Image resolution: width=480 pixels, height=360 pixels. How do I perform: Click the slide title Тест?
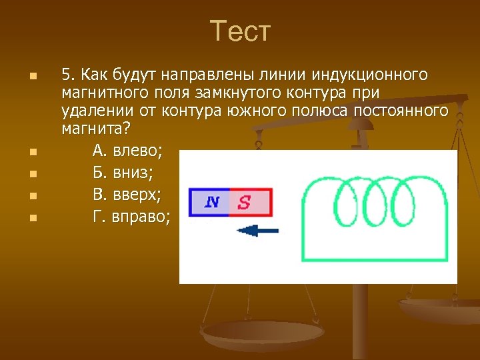(240, 31)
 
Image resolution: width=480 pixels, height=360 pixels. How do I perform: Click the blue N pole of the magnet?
(209, 202)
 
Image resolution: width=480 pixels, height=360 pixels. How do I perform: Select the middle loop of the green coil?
(377, 203)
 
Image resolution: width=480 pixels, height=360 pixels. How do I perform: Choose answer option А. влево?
(127, 152)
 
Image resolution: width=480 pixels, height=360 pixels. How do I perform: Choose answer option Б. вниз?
(123, 174)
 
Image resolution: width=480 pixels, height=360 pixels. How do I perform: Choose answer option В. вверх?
(126, 195)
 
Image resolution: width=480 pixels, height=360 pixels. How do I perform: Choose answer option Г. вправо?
(131, 217)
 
